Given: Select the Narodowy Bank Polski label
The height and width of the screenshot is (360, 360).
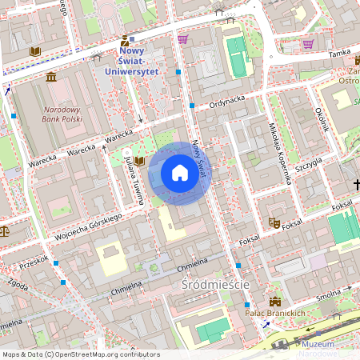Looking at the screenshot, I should pyautogui.click(x=63, y=114).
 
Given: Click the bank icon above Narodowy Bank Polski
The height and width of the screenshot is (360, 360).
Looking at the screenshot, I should pyautogui.click(x=51, y=77).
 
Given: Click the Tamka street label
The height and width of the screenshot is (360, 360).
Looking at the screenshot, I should pyautogui.click(x=339, y=53).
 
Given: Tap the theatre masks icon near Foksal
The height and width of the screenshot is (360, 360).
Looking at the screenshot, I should pyautogui.click(x=274, y=225).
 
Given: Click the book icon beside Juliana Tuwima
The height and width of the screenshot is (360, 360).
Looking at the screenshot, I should pyautogui.click(x=140, y=161).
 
